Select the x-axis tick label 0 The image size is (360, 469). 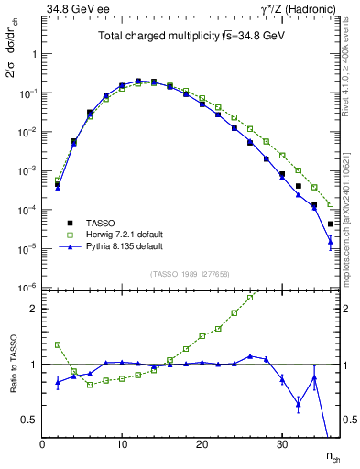(x=42, y=444)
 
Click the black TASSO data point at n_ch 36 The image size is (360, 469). (x=331, y=224)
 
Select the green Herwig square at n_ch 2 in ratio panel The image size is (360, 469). (x=58, y=345)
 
